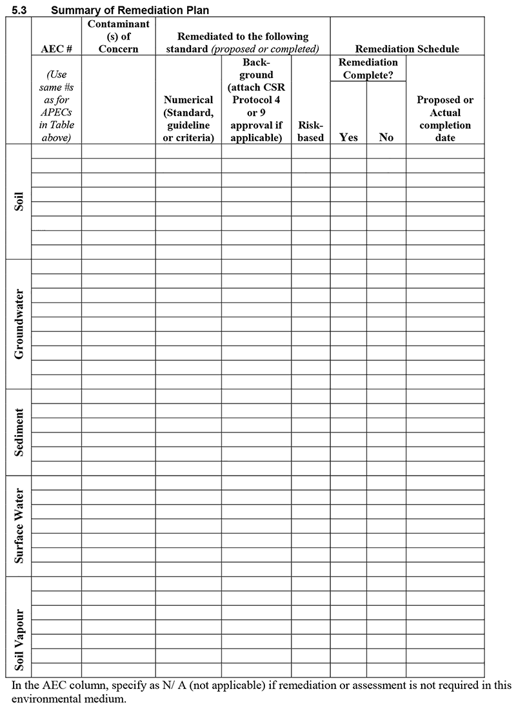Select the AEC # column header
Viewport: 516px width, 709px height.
point(57,49)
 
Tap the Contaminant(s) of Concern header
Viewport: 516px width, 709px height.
point(118,37)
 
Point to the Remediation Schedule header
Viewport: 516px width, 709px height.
point(407,49)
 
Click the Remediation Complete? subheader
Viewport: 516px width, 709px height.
point(368,69)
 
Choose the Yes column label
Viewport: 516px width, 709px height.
point(348,137)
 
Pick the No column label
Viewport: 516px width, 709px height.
point(386,137)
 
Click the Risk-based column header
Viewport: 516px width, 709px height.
point(311,131)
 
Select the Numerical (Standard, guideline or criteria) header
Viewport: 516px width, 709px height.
point(188,119)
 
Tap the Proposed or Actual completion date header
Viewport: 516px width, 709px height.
point(445,119)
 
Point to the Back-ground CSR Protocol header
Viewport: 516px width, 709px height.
point(256,101)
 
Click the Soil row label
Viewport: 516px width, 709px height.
point(19,201)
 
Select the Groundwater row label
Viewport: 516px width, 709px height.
point(19,324)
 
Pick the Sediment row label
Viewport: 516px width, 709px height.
point(19,432)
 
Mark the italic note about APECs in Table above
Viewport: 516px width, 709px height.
point(57,106)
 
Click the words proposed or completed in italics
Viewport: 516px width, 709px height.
point(264,49)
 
